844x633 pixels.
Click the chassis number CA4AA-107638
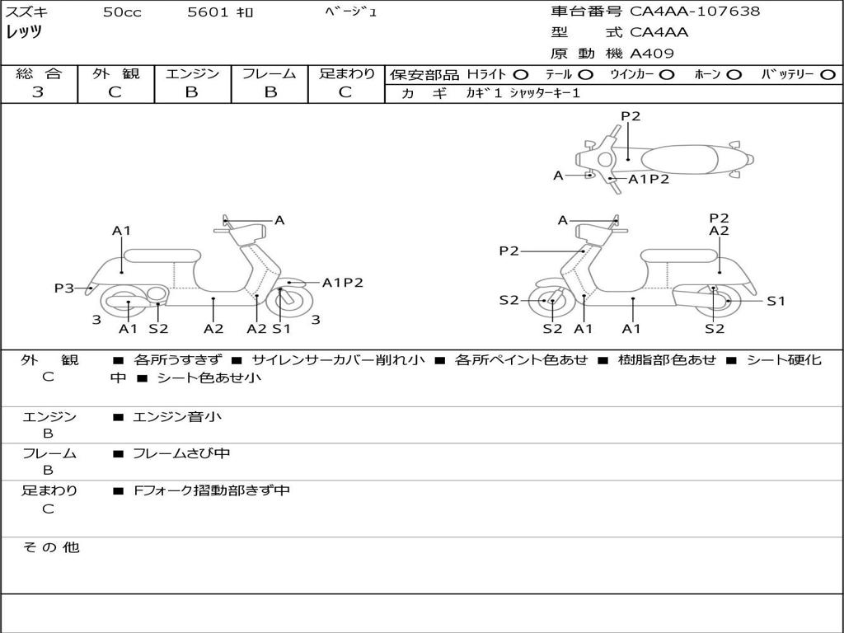coord(695,12)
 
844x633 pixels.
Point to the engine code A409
coord(652,54)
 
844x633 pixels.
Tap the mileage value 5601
coord(209,12)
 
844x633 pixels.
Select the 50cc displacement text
coord(122,12)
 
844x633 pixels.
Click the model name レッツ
coord(24,32)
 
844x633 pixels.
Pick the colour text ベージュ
coord(351,12)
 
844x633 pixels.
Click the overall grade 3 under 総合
coord(38,91)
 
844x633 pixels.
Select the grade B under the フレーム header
coord(270,92)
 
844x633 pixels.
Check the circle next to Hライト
coord(521,75)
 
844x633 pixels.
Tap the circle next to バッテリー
coord(828,75)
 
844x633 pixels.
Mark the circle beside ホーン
coord(734,75)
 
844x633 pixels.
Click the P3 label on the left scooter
coord(63,288)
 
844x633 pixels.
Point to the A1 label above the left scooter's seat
coord(122,231)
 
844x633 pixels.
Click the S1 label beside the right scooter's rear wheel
coord(776,301)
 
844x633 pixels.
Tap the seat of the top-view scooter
coord(679,160)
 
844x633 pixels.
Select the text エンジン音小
coord(177,416)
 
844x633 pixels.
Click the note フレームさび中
coord(181,453)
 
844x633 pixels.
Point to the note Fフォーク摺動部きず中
coord(212,490)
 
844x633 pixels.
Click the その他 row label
coord(50,547)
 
